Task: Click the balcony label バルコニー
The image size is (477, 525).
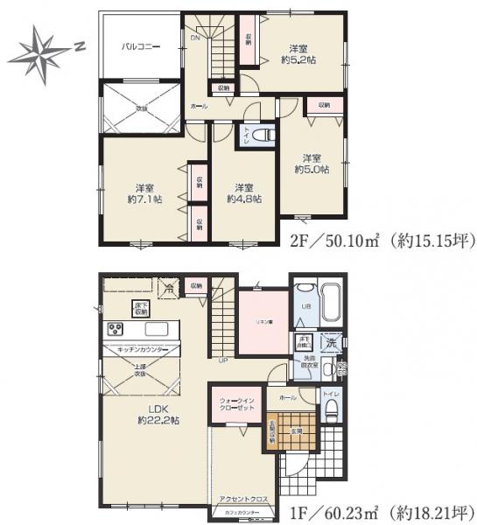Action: pyautogui.click(x=139, y=46)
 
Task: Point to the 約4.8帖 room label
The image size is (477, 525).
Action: pyautogui.click(x=242, y=193)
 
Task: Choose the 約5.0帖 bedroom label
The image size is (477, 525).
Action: pyautogui.click(x=312, y=163)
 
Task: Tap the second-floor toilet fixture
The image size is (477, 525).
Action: pyautogui.click(x=264, y=136)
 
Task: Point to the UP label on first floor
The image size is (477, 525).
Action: pyautogui.click(x=223, y=360)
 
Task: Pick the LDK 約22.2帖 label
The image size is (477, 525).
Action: pyautogui.click(x=158, y=414)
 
